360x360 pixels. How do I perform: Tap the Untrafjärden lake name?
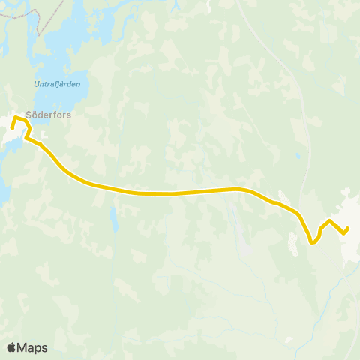(x=56, y=83)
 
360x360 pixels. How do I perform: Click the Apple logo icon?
(x=11, y=347)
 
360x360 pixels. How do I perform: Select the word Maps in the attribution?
(x=32, y=347)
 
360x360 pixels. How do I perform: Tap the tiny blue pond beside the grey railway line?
(x=297, y=157)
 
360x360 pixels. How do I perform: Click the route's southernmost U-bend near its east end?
(x=313, y=241)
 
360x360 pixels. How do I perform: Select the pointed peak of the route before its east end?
(x=328, y=220)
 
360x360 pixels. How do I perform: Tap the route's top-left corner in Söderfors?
(x=14, y=118)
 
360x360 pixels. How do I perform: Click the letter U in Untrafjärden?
(x=35, y=83)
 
